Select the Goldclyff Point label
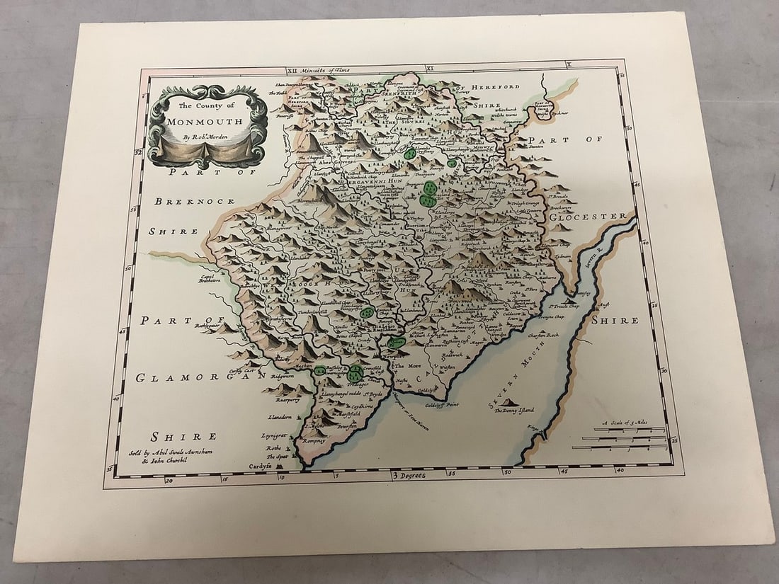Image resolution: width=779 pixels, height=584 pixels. (x=442, y=405)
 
